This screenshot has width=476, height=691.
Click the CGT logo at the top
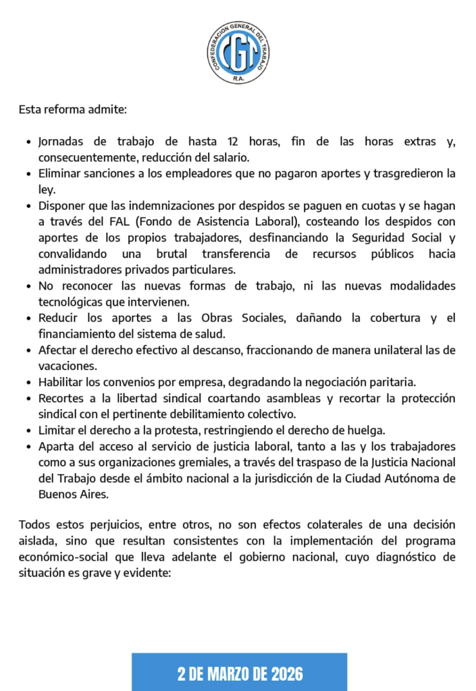coord(238,53)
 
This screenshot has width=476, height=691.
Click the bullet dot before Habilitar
coord(28,383)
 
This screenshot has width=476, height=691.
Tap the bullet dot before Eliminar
coord(28,174)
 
